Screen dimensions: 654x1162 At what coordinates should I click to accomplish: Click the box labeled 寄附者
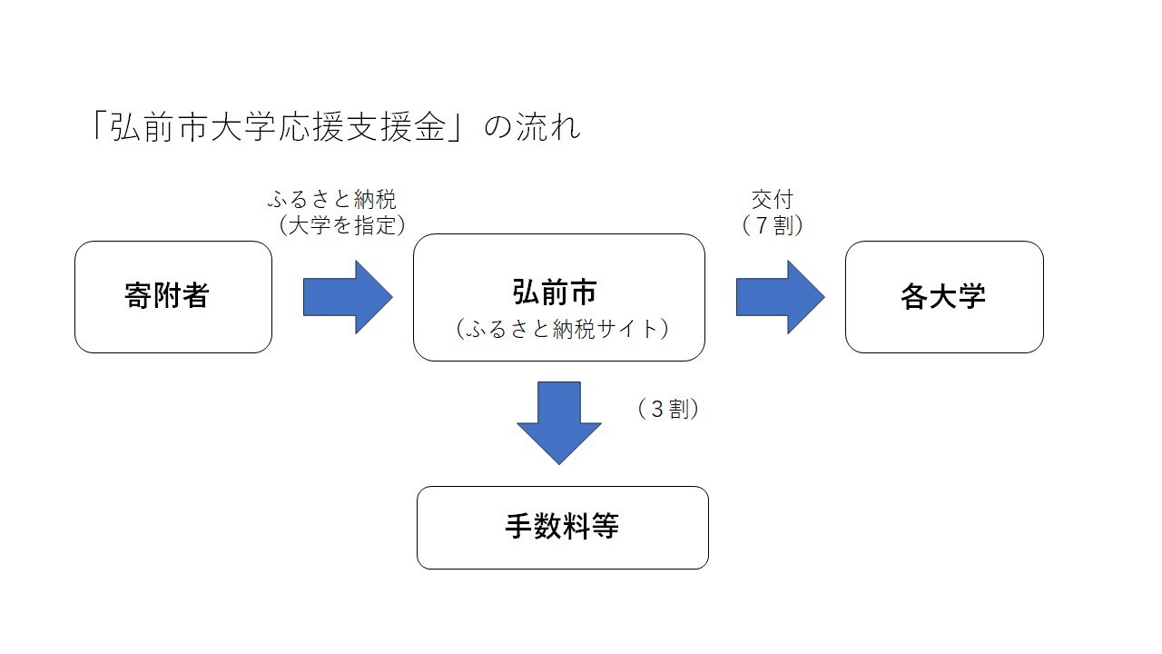coord(173,297)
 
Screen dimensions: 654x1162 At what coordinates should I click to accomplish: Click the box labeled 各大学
coord(944,297)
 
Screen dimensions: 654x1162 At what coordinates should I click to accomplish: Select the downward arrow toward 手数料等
coord(559,421)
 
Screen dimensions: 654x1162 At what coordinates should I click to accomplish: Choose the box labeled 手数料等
coord(562,528)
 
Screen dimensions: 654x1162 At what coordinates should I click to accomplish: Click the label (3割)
coord(669,410)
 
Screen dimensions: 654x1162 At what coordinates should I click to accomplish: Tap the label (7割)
coord(773,224)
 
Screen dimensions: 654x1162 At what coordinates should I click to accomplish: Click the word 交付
coord(773,200)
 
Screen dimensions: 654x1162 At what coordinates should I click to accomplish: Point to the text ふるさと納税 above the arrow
coord(332,200)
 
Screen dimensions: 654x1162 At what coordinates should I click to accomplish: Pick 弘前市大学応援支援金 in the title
coord(278,128)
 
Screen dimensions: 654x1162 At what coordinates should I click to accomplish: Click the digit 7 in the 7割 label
coord(762,225)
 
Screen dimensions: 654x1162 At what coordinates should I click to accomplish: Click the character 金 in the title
coord(430,128)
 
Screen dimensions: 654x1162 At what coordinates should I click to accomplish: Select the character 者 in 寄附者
coord(195,297)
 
